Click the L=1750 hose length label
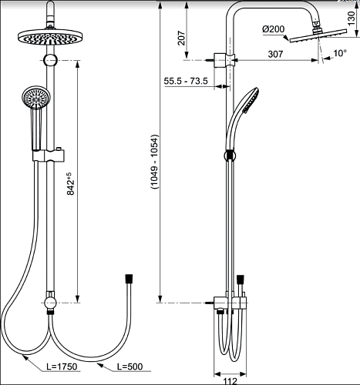click(x=62, y=367)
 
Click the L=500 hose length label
click(x=130, y=367)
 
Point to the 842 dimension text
click(x=70, y=183)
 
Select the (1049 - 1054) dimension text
click(x=155, y=162)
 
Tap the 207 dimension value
click(x=182, y=38)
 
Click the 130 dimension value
click(x=351, y=18)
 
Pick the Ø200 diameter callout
click(x=274, y=29)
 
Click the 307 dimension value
click(x=275, y=54)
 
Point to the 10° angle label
click(x=340, y=53)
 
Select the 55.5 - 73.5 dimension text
click(x=186, y=81)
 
